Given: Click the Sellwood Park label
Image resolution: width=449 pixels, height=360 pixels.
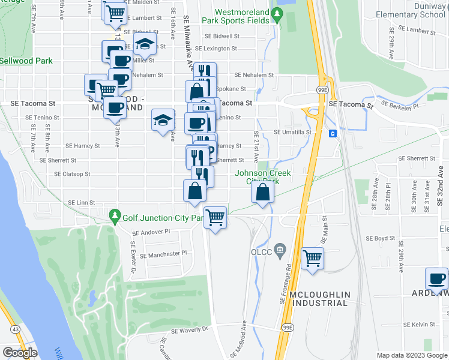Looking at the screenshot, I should pos(26,61).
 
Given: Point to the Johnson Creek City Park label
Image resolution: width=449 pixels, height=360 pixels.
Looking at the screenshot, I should pos(262,177).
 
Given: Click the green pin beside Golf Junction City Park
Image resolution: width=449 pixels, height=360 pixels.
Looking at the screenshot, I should pos(113,215).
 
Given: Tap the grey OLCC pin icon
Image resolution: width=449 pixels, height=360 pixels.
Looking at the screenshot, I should pos(280,249).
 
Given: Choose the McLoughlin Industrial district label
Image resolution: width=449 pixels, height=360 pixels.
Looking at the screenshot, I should pos(318,298).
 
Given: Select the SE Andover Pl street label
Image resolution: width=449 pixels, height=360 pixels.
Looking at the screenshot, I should pos(151,232).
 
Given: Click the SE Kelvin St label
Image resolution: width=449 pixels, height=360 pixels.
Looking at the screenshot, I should pos(418,325).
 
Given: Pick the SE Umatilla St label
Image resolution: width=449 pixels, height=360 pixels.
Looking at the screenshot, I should pos(292,132).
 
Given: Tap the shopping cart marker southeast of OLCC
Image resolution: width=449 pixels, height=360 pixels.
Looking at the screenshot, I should pos(313,259).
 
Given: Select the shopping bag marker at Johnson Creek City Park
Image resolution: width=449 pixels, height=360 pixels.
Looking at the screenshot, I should pos(263,193).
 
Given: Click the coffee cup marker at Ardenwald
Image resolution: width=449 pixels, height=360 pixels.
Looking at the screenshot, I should pos(436,279).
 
